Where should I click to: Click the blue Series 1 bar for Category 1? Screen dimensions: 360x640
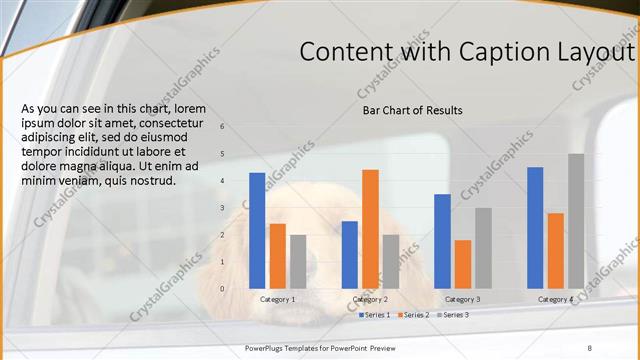[x=257, y=230]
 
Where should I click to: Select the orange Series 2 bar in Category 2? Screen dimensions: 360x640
[x=370, y=228]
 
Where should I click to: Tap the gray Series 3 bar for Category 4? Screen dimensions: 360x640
[x=576, y=220]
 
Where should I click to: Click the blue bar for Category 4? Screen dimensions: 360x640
[x=535, y=227]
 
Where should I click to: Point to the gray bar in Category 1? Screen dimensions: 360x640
[x=298, y=261]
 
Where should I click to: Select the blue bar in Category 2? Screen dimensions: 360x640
[x=349, y=254]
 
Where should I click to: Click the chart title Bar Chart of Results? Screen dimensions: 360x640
[x=412, y=110]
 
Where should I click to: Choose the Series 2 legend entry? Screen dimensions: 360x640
[x=414, y=315]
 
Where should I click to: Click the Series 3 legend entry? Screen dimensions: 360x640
[x=453, y=315]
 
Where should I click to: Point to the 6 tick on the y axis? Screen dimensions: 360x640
[x=222, y=127]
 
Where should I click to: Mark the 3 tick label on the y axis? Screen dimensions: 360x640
[x=222, y=208]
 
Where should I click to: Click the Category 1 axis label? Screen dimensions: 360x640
[x=277, y=300]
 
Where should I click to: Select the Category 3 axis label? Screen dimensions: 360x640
[x=462, y=300]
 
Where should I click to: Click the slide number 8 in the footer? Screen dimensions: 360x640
[x=589, y=346]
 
